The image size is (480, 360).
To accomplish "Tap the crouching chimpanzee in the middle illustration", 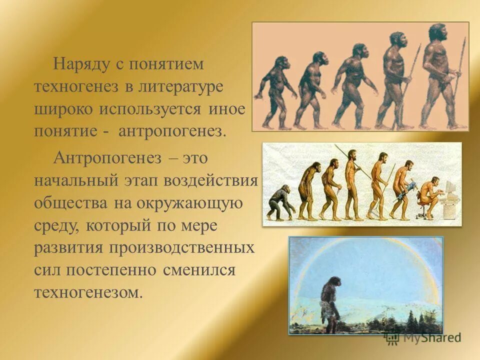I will click(x=279, y=202).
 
